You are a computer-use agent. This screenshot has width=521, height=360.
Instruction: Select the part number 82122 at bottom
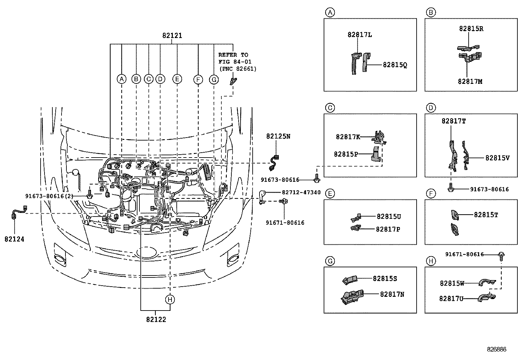coord(156,319)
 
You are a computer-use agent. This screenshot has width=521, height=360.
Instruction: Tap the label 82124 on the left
coord(14,239)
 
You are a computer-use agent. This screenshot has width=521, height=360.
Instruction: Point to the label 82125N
coord(278,136)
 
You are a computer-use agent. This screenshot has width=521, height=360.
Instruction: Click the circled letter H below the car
coord(170,299)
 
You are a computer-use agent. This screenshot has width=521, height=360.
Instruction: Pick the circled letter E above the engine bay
coord(177,79)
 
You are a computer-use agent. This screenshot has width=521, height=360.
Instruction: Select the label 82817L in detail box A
coord(359,35)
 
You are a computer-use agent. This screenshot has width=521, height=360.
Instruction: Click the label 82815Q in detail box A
coord(395,65)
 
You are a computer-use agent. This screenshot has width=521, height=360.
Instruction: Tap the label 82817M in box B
coord(470,81)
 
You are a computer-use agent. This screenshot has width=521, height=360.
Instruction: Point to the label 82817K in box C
coord(348,137)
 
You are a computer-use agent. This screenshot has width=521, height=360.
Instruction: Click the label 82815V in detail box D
coord(497,158)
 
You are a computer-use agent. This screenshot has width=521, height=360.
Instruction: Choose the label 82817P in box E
coord(388,229)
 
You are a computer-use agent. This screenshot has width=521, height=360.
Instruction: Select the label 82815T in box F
coord(486,215)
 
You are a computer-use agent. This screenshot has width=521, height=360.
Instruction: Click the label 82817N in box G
coord(392,294)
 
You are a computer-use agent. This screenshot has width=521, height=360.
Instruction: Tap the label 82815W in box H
coord(452,283)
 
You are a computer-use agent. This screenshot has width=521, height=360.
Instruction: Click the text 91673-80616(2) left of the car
coord(49,196)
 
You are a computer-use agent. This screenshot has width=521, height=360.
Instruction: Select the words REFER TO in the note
coord(233,55)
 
